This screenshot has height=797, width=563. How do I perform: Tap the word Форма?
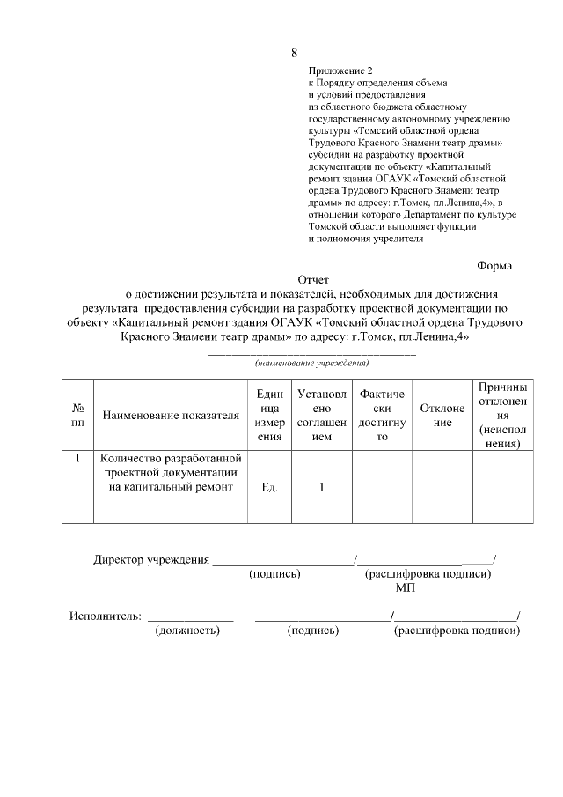click(494, 265)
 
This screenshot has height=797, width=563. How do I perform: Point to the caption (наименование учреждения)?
click(311, 363)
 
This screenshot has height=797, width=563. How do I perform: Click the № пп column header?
click(77, 415)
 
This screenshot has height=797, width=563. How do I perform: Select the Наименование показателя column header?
click(171, 415)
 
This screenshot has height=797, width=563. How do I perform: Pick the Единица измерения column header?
click(270, 415)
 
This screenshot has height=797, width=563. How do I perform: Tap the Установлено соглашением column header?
click(322, 415)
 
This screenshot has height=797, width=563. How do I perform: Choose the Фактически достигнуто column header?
click(382, 415)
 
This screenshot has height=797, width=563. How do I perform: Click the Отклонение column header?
click(442, 415)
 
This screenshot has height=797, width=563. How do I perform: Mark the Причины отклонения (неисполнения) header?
click(502, 415)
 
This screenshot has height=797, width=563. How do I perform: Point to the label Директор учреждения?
click(151, 559)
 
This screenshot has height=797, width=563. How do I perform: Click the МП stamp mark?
click(405, 587)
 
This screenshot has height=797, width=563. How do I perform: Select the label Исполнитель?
click(106, 616)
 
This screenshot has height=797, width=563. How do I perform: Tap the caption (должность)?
click(187, 631)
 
